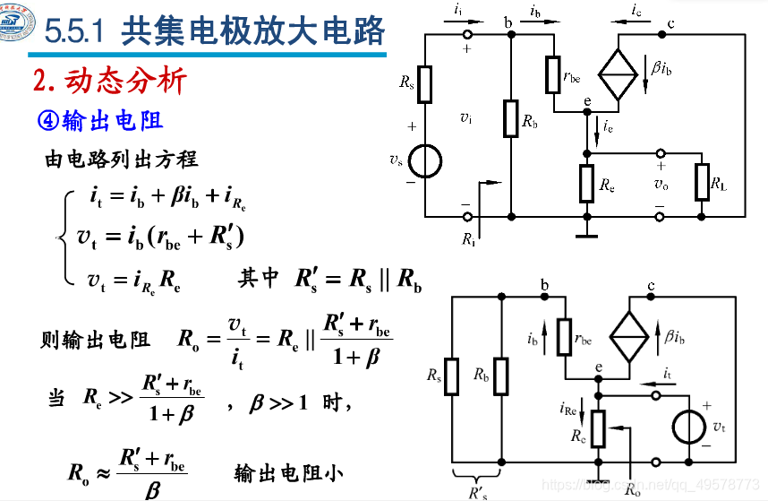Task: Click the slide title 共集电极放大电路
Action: coord(252,32)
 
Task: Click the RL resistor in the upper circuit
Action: coord(703,183)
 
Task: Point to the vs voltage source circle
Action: coord(425,160)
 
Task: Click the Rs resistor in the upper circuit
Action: coord(425,84)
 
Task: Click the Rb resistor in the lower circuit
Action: coord(501,376)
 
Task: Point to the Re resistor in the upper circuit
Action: coord(586,183)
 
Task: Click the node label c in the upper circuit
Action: coord(670,22)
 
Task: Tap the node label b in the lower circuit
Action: coord(545,285)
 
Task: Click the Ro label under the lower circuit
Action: coord(632,489)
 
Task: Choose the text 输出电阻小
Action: coord(289,472)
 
